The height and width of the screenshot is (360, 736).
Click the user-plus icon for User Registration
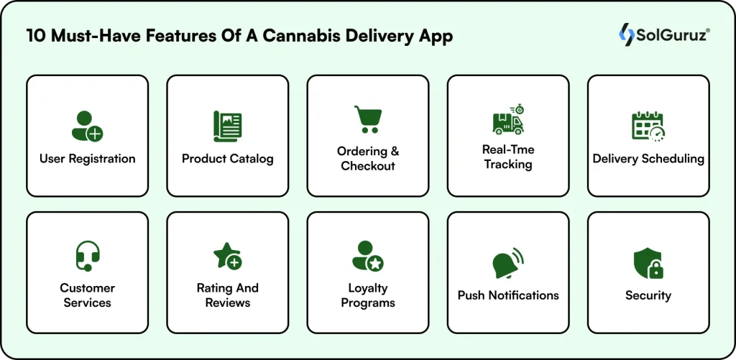87,126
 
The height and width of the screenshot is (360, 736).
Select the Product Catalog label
227,159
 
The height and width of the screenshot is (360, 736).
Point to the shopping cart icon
367,119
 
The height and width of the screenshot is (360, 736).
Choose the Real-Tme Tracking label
507,157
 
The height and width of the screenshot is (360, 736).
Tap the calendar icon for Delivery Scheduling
648,126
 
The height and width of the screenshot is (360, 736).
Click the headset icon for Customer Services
87,256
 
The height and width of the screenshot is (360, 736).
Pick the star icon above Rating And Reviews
227,256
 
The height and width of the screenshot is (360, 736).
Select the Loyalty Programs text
367,295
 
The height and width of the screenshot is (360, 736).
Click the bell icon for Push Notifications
507,263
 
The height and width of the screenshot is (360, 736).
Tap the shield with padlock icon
648,263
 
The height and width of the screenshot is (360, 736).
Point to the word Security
648,295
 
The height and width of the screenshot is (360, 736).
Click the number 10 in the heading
35,37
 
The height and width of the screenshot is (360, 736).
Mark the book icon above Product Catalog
227,126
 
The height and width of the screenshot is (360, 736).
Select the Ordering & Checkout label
367,159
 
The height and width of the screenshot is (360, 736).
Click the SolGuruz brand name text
665,34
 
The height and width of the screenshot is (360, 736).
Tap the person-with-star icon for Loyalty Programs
367,256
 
